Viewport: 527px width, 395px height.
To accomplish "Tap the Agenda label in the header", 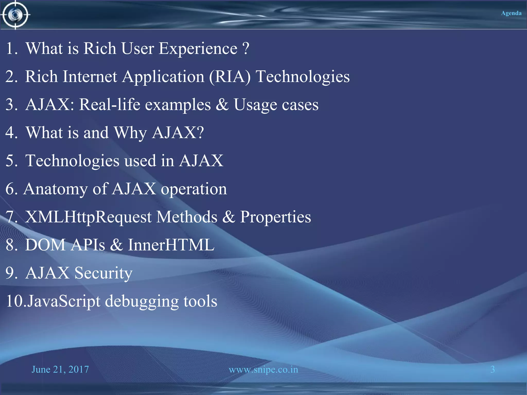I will pos(511,13).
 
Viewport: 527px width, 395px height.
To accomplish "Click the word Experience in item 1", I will pos(198,49).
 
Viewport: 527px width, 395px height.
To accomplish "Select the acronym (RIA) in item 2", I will pos(230,77).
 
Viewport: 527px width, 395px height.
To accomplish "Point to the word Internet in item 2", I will pos(90,77).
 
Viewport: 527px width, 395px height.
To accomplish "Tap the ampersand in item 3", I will pos(222,105).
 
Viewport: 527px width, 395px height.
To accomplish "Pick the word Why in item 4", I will pos(130,133).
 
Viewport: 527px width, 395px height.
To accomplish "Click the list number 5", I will pos(11,161).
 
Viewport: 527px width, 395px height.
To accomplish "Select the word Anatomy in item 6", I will pos(55,189).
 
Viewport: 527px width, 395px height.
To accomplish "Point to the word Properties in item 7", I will pos(276,217).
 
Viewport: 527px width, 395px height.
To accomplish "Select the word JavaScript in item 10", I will pos(64,301).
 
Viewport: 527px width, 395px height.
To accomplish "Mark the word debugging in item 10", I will pos(142,301).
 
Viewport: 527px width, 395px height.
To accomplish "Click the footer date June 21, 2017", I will pos(60,370).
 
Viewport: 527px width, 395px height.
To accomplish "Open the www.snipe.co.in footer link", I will pos(263,370).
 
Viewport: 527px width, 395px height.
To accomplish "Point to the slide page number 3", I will pos(493,370).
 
